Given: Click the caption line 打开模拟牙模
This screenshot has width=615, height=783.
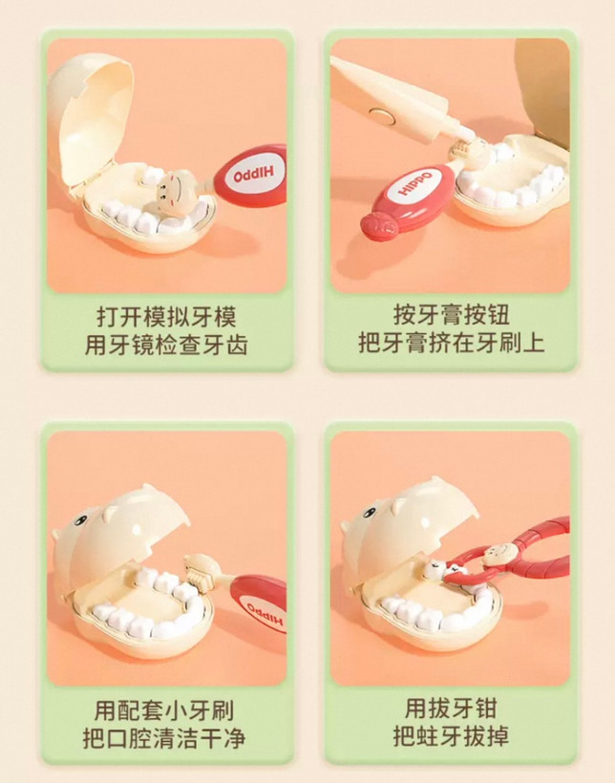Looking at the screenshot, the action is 166,316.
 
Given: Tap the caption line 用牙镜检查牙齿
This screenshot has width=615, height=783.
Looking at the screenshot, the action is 166,345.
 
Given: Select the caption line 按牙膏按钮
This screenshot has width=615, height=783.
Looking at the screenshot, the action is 452,314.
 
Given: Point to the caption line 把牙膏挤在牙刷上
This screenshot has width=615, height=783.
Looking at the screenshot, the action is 452,343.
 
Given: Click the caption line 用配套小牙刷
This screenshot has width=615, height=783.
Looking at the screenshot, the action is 164,710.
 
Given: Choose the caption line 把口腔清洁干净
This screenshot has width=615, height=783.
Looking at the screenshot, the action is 164,738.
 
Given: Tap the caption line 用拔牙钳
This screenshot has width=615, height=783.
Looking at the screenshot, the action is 451,708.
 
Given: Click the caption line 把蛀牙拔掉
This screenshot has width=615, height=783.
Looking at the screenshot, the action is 451,735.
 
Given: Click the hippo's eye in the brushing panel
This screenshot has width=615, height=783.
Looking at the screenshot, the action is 80,520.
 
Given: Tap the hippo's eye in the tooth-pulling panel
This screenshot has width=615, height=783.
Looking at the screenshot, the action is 370,513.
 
